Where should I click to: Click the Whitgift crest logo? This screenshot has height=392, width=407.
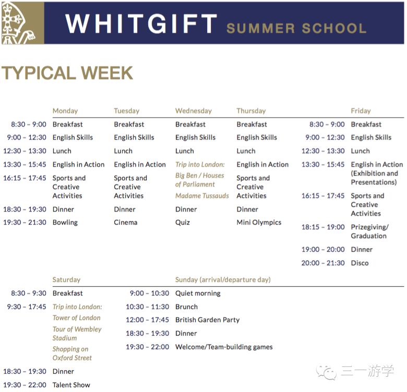coord(23,23)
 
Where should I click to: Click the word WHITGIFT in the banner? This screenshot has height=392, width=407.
coord(141,23)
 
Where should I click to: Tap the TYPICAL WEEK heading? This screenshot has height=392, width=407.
coord(67,73)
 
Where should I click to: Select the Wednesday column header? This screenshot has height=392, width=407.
coord(194,111)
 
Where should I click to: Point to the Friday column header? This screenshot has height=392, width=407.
coord(361,111)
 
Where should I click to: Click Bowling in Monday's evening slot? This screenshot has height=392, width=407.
coord(65,223)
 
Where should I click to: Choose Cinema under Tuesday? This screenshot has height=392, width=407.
coord(126,223)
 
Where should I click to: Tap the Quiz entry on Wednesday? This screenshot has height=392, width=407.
coord(183,223)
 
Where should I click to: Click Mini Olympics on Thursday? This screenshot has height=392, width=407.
coord(259,223)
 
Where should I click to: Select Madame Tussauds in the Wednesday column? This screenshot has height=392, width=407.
coord(202,196)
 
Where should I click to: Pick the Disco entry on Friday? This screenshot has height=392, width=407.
coord(360,263)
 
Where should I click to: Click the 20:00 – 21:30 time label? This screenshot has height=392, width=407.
coord(323,263)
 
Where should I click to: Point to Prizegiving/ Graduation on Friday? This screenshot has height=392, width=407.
coord(369,231)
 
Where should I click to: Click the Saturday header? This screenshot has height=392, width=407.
coord(66,279)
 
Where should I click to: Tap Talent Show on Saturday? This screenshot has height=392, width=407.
coord(71,385)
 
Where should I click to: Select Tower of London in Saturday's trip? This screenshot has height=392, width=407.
coord(77,317)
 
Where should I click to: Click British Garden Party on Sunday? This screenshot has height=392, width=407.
coord(207,320)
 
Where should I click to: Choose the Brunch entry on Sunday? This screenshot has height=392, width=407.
coord(187,307)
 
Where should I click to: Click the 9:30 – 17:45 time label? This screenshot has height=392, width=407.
coord(27,307)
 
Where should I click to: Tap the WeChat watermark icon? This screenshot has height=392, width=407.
coord(326,372)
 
